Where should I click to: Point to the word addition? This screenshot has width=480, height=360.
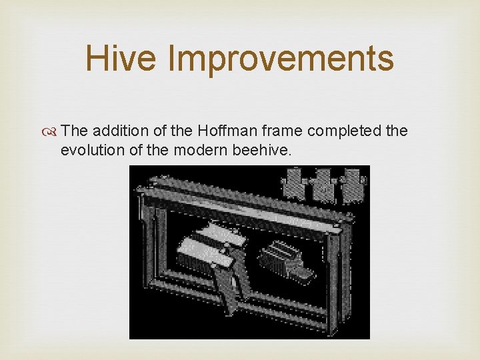coord(116,131)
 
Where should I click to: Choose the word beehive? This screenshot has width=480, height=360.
coord(261,150)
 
